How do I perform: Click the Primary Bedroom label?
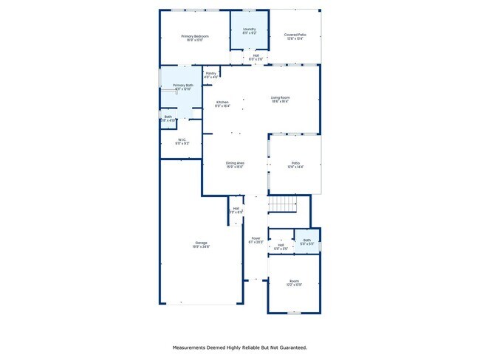[195, 36]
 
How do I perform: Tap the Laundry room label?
[249, 29]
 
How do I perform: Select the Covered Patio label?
[295, 34]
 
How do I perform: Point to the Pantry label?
[210, 73]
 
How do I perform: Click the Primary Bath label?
[183, 86]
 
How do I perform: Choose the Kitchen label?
[222, 102]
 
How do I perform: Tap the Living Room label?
[280, 97]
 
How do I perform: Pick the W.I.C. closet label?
[182, 139]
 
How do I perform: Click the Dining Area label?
[235, 162]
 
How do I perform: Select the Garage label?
[201, 243]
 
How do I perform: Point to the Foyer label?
[256, 238]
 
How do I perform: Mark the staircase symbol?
[281, 204]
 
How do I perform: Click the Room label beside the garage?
[294, 280]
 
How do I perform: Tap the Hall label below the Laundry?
[256, 55]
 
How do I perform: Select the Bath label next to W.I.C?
[168, 116]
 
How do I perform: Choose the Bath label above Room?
[307, 240]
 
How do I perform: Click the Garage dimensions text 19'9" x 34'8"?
[201, 246]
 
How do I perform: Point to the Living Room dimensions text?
[280, 102]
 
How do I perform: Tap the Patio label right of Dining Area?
[295, 163]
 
